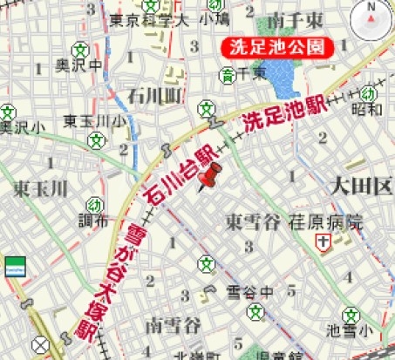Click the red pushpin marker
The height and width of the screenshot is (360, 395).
click(x=210, y=177)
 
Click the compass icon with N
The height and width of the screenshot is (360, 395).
click(x=370, y=17)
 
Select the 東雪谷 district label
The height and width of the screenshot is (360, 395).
click(x=252, y=222)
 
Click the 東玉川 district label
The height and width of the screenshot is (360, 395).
click(x=40, y=188)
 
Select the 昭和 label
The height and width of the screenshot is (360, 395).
click(x=367, y=110)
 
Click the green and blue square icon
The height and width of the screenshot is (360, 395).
click(x=15, y=266)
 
